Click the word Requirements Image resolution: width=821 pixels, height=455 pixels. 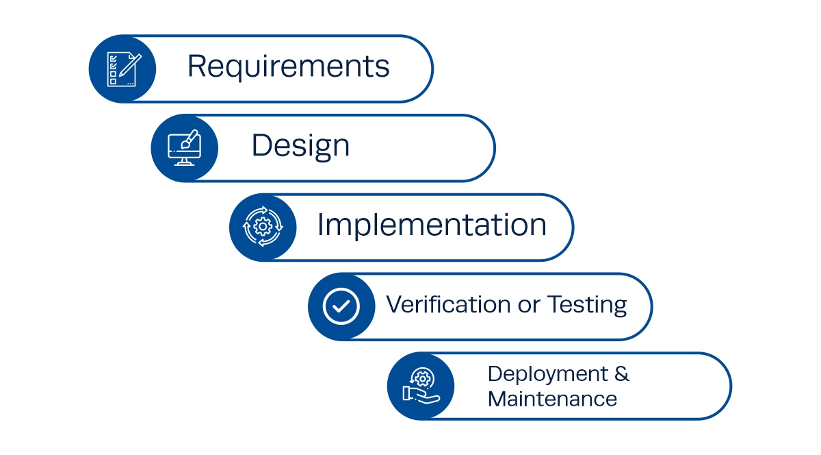pyautogui.click(x=288, y=67)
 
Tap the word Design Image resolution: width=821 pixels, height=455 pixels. pyautogui.click(x=300, y=146)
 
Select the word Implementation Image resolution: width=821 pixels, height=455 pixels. pyautogui.click(x=431, y=225)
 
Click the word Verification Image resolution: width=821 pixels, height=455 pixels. pyautogui.click(x=447, y=304)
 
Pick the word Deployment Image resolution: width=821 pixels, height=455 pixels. pyautogui.click(x=547, y=375)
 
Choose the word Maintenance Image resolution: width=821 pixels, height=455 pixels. pyautogui.click(x=552, y=398)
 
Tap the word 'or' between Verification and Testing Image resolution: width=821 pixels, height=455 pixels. pyautogui.click(x=529, y=305)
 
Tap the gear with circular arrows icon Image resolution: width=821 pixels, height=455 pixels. pyautogui.click(x=263, y=227)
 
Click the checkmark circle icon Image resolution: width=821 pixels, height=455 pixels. pyautogui.click(x=341, y=306)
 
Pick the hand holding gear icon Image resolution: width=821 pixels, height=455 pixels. pyautogui.click(x=420, y=385)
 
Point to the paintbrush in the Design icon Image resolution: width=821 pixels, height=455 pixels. pyautogui.click(x=192, y=137)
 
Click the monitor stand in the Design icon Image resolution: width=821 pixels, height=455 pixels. pyautogui.click(x=183, y=162)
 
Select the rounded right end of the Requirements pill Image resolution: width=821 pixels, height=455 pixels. pyautogui.click(x=424, y=69)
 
